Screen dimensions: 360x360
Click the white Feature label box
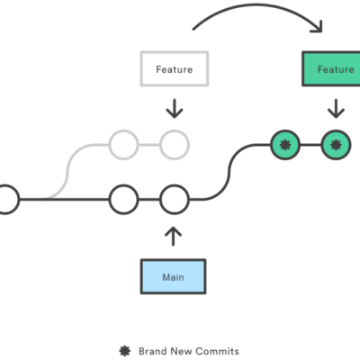coord(174,68)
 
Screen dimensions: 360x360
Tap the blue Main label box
coord(174,277)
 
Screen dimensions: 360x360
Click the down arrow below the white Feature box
coord(174,109)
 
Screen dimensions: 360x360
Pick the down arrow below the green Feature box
coord(335,109)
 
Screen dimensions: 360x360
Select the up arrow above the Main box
coord(174,237)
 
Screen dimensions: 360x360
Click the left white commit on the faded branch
coord(122,143)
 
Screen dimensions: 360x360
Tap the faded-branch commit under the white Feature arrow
coord(175,143)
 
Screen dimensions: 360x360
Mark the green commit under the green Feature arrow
coord(336,143)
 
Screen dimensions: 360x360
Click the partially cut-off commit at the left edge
coord(5,198)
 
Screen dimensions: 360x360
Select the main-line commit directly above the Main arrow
coord(174,198)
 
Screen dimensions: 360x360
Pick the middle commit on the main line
coord(122,198)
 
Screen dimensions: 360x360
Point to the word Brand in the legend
coord(150,350)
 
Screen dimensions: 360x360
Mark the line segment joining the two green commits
coord(310,143)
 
